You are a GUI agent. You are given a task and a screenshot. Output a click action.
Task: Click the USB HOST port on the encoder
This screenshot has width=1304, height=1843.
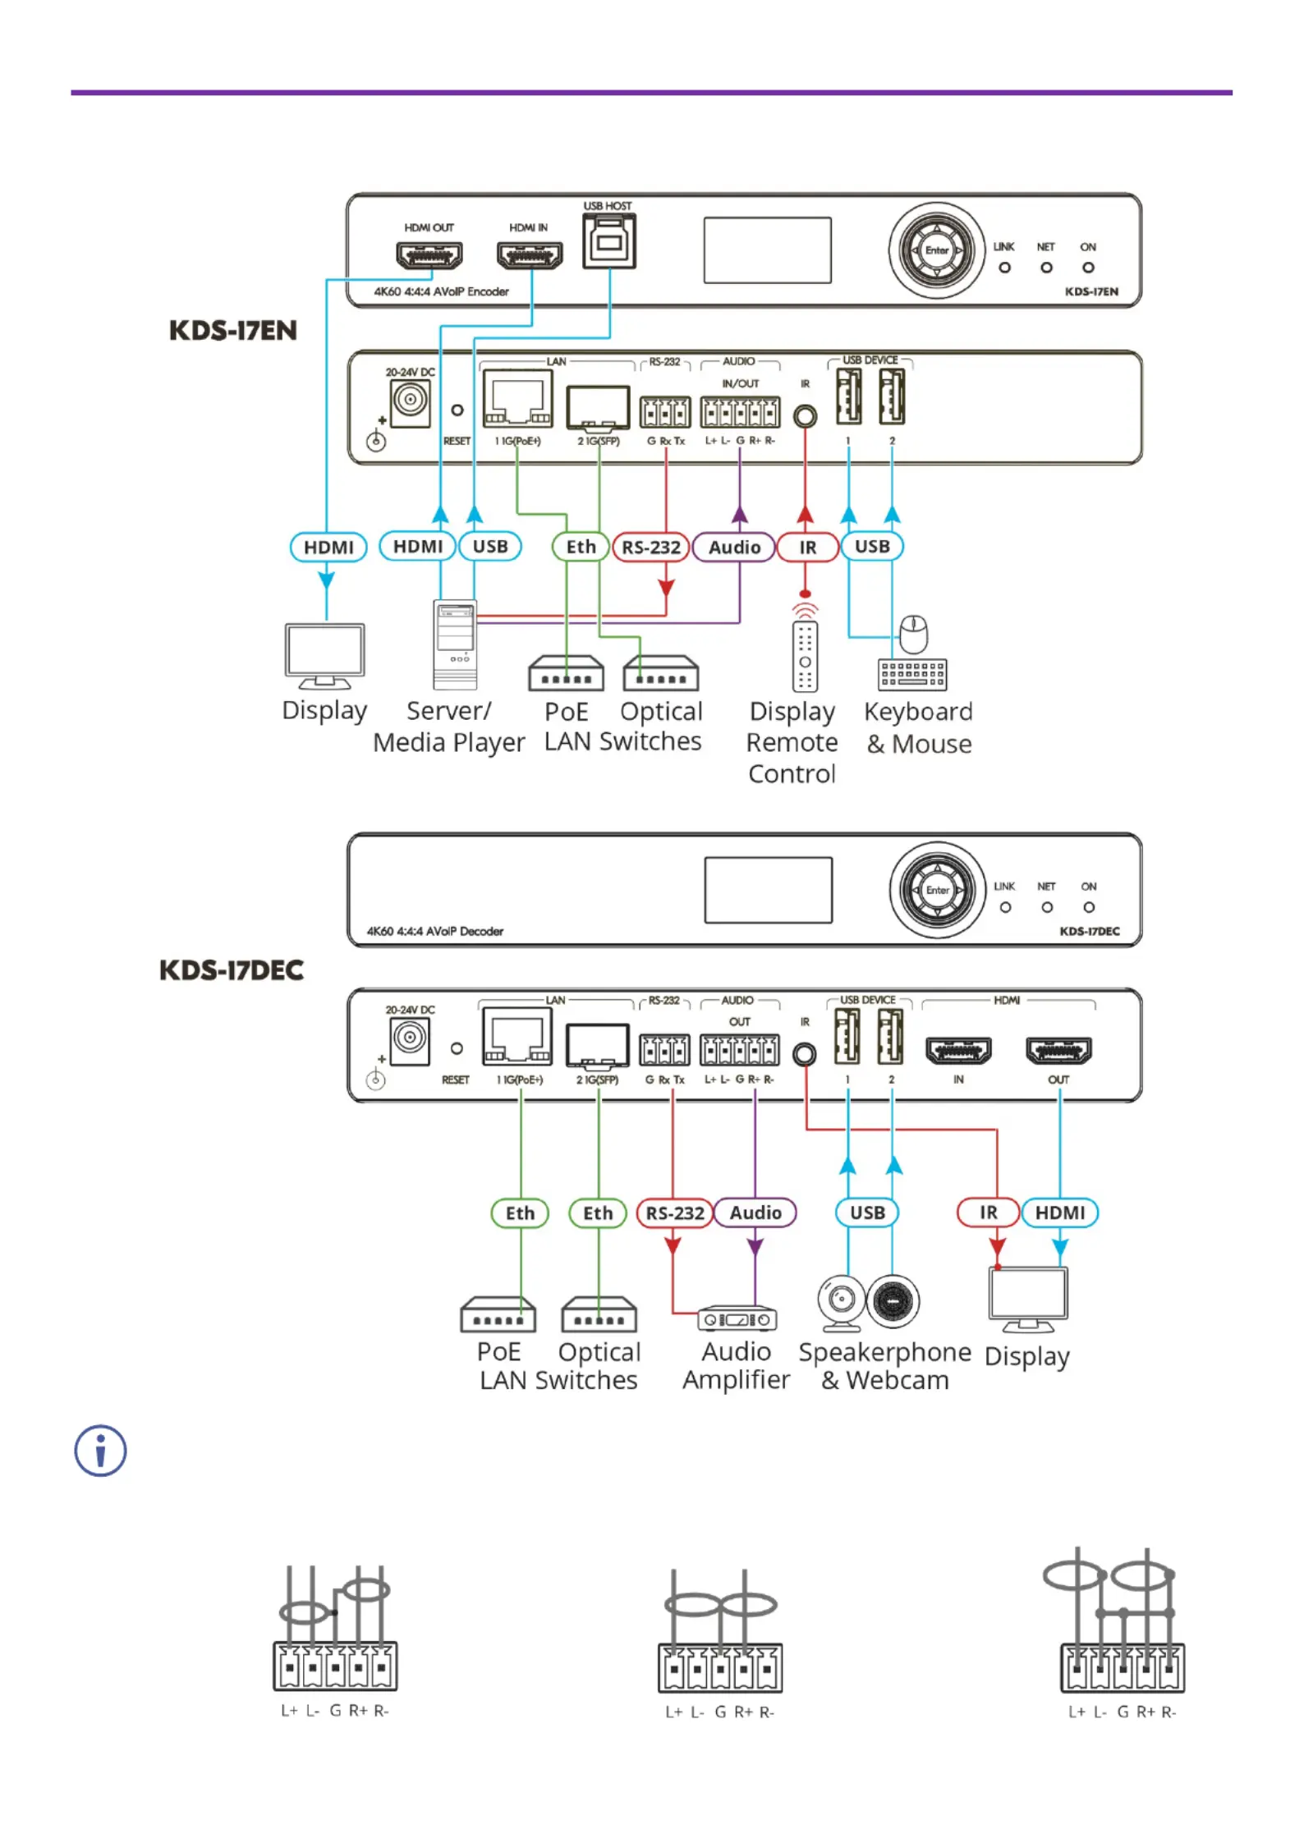point(608,241)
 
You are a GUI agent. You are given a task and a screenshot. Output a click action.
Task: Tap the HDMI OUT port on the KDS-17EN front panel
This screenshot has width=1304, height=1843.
point(429,255)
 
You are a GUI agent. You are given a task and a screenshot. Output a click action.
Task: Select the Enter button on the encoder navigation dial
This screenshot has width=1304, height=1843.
point(936,250)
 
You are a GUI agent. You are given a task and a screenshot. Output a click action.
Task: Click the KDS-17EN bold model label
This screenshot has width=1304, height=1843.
point(232,330)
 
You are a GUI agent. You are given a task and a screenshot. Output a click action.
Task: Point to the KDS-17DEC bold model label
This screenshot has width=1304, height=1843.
point(231,970)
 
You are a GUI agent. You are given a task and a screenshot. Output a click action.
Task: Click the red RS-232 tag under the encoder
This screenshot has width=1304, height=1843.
point(650,547)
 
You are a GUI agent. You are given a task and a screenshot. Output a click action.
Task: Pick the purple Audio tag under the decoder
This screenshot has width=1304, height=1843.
point(755,1212)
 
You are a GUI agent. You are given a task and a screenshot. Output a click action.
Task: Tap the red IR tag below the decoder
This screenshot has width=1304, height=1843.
point(988,1212)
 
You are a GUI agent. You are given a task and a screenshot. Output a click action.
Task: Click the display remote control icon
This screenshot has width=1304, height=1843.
point(805,649)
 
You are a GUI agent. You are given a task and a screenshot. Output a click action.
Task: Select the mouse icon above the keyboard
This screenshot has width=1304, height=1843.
point(914,634)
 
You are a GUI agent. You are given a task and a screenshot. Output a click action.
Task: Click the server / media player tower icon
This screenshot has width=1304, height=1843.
point(455,645)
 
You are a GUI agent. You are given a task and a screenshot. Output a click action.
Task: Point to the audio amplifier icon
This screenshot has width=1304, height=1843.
point(737,1318)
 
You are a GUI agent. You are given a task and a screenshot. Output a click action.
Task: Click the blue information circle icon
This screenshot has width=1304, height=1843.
point(100,1450)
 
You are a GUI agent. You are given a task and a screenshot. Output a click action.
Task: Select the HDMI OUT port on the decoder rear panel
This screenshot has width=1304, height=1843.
point(1058,1050)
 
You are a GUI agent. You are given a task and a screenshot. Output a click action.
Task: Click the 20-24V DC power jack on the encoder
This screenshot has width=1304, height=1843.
point(410,401)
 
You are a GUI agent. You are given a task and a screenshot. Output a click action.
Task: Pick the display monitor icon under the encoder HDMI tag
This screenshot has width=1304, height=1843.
point(324,656)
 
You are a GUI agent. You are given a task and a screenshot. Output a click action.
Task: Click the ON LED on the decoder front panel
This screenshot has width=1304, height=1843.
point(1088,907)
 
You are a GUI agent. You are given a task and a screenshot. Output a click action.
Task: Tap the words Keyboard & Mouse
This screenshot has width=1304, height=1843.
point(918,727)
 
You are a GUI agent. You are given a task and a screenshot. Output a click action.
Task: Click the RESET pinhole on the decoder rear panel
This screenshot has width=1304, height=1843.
point(457,1048)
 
